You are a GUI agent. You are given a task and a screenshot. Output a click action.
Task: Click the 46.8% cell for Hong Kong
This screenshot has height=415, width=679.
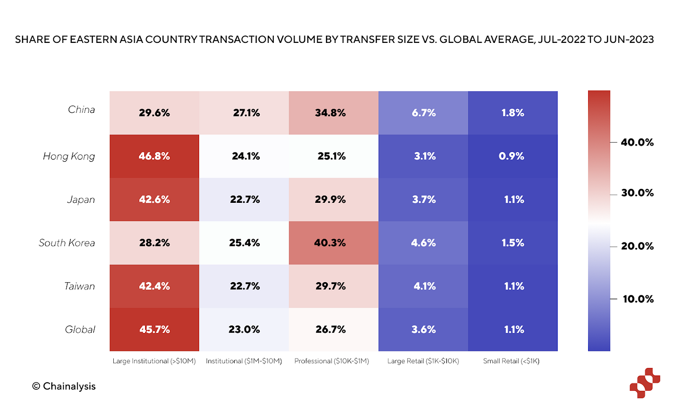click(x=154, y=156)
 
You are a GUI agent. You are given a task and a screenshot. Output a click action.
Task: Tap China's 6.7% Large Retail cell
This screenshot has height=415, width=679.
click(x=423, y=113)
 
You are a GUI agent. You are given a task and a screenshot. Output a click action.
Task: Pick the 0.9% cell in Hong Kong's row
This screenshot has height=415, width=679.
click(x=513, y=156)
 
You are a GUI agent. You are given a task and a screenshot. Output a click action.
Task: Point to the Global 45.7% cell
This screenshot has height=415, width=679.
click(x=154, y=330)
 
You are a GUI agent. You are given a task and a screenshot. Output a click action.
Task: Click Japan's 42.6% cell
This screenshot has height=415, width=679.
click(x=154, y=200)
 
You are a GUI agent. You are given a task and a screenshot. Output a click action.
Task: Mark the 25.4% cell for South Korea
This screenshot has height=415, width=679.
click(x=244, y=243)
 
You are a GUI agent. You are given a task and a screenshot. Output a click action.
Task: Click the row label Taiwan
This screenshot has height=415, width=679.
click(x=79, y=286)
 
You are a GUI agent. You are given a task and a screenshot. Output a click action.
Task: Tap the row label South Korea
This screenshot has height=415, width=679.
click(x=67, y=243)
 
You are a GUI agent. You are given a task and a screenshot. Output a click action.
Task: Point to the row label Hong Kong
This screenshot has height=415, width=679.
click(x=69, y=156)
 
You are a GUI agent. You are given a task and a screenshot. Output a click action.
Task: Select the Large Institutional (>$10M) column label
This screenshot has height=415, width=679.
click(x=154, y=361)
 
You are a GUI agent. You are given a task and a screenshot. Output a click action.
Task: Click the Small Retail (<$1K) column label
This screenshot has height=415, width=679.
click(x=511, y=361)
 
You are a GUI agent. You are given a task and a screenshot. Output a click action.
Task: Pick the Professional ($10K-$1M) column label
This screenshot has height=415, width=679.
click(x=332, y=361)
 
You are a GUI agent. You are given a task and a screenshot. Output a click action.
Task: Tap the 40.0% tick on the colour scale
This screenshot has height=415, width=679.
click(x=637, y=143)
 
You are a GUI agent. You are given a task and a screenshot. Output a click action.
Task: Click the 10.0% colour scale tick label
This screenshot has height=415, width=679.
click(x=638, y=299)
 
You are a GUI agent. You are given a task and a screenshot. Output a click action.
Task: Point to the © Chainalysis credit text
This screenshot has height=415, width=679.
click(x=64, y=387)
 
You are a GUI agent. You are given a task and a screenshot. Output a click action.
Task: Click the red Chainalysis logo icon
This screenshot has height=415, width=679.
click(x=644, y=383)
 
